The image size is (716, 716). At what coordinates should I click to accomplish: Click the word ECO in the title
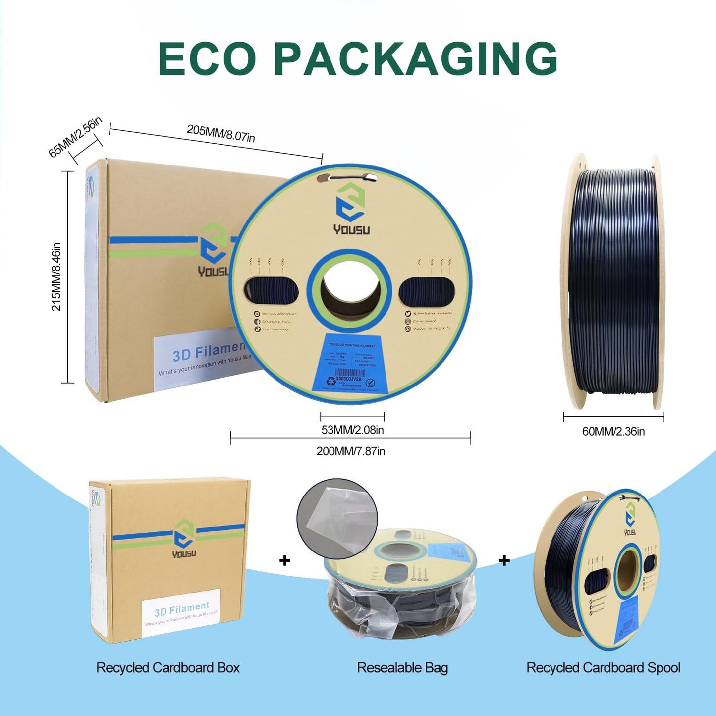click(207, 58)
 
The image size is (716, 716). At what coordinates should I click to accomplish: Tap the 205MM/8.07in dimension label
click(220, 133)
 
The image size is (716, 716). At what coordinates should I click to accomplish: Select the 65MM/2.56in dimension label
click(75, 137)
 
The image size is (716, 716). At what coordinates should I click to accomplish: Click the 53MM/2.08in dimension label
click(352, 430)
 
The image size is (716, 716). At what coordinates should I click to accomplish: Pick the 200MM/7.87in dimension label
click(350, 451)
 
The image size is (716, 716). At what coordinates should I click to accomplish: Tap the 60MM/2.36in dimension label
click(613, 432)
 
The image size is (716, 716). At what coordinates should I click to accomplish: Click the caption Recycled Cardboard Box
click(167, 668)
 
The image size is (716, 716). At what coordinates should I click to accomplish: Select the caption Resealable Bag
click(402, 668)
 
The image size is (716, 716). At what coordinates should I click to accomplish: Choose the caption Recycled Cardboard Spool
click(603, 668)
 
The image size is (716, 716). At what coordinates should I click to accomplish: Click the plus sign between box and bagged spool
click(285, 560)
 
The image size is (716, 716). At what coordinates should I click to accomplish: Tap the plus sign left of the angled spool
click(504, 560)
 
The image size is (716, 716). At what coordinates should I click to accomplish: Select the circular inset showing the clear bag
click(337, 518)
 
